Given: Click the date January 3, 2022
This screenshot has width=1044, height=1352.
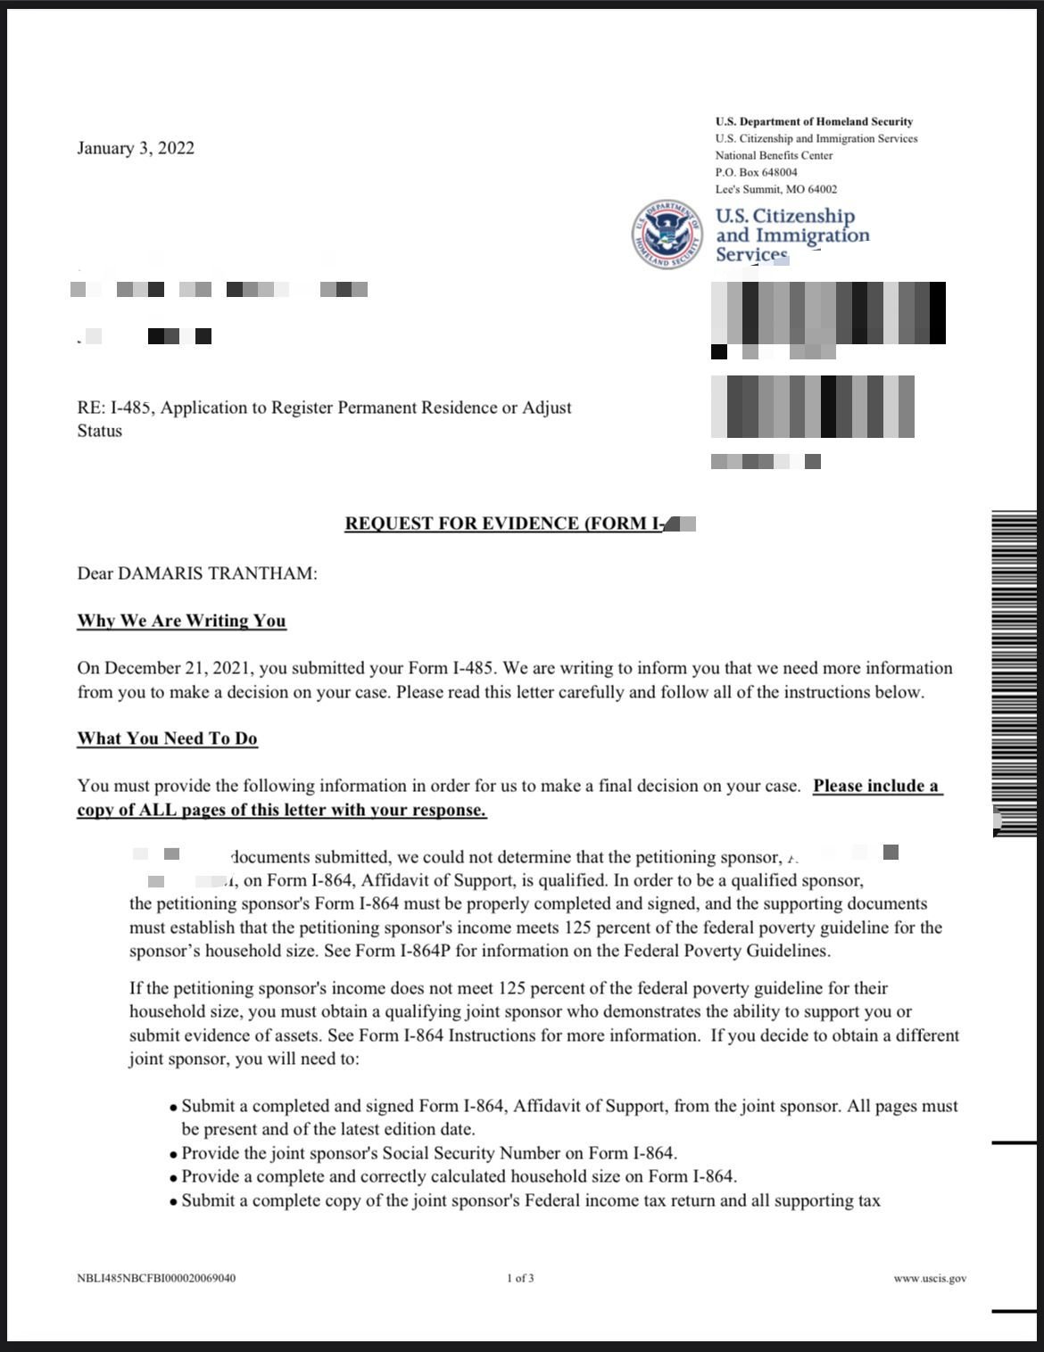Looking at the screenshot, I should (136, 148).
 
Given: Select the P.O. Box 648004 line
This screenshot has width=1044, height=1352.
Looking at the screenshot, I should (756, 172).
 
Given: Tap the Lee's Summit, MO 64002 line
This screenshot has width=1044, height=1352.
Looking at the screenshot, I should (775, 189).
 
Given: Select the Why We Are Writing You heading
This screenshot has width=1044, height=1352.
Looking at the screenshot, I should (181, 621).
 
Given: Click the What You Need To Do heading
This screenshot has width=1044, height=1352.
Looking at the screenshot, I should (167, 738).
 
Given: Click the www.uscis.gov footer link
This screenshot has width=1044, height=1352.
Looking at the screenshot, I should (929, 1279).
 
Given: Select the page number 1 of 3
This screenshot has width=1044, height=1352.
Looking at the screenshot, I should (520, 1279).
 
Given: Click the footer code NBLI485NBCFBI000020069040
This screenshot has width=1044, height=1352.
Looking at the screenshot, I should (156, 1279).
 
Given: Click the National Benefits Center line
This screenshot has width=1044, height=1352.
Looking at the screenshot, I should (774, 155).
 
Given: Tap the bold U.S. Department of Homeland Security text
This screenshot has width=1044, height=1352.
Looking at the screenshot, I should (814, 121).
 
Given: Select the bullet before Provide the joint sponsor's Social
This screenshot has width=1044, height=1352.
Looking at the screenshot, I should (173, 1154).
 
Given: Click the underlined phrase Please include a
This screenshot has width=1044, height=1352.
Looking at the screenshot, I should (875, 787).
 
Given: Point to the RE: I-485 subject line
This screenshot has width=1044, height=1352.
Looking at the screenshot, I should (324, 408).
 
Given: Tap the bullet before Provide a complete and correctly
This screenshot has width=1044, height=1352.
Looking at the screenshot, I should (173, 1177).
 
